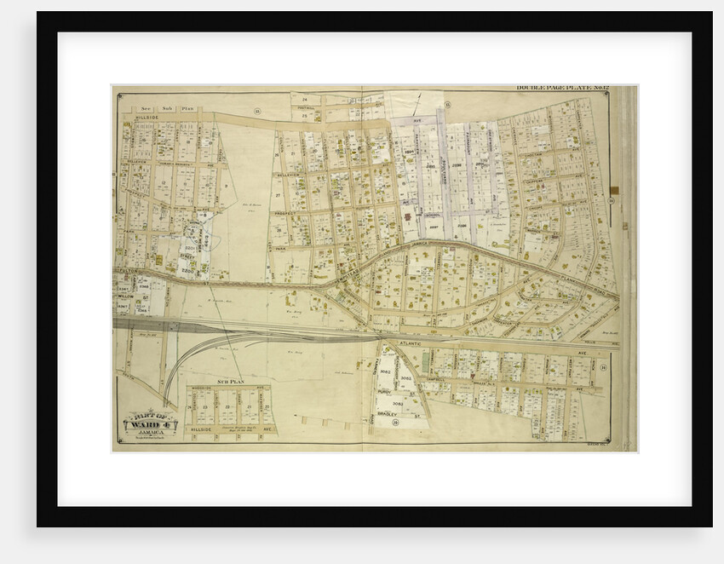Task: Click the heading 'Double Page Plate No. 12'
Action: point(563,89)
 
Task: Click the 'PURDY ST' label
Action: point(387,391)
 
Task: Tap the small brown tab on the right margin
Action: point(614,188)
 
